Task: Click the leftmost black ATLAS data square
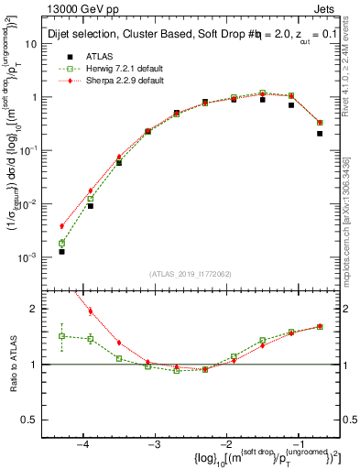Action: tap(61, 251)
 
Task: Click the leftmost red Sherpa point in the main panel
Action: tap(61, 226)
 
